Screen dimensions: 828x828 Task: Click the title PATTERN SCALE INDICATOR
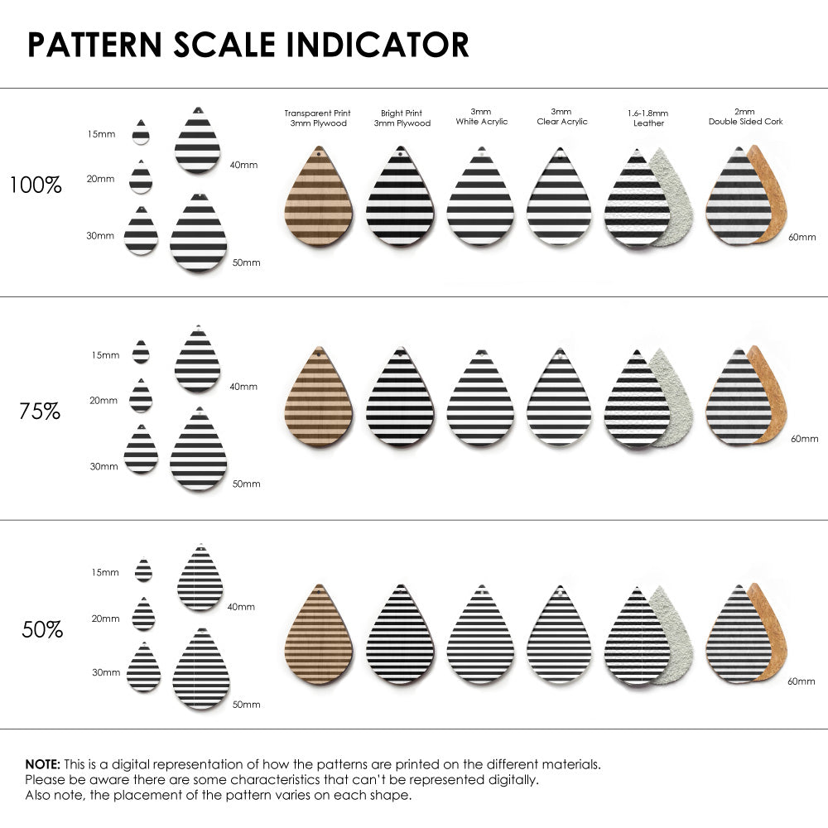pos(248,45)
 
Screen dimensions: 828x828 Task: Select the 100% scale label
pos(36,185)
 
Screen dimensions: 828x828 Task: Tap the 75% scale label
pos(40,411)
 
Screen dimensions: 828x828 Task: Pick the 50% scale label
pos(42,629)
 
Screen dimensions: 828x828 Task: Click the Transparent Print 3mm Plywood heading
pos(317,118)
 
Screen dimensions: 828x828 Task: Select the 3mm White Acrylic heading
pos(481,116)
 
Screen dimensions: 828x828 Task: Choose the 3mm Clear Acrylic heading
pos(561,116)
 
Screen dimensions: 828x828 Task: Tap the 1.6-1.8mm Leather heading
pos(647,118)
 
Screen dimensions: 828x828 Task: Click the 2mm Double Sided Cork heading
pos(745,116)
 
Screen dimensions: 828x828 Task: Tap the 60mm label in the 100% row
pos(802,237)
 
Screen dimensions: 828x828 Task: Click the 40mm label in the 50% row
pos(241,607)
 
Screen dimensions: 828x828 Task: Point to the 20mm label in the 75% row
pos(103,401)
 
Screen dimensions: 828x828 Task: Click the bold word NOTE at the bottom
pos(42,763)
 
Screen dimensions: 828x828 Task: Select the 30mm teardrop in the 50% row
pos(143,668)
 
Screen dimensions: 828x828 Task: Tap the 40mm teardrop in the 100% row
pos(198,142)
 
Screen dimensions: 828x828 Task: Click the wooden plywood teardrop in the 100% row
pos(319,199)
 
